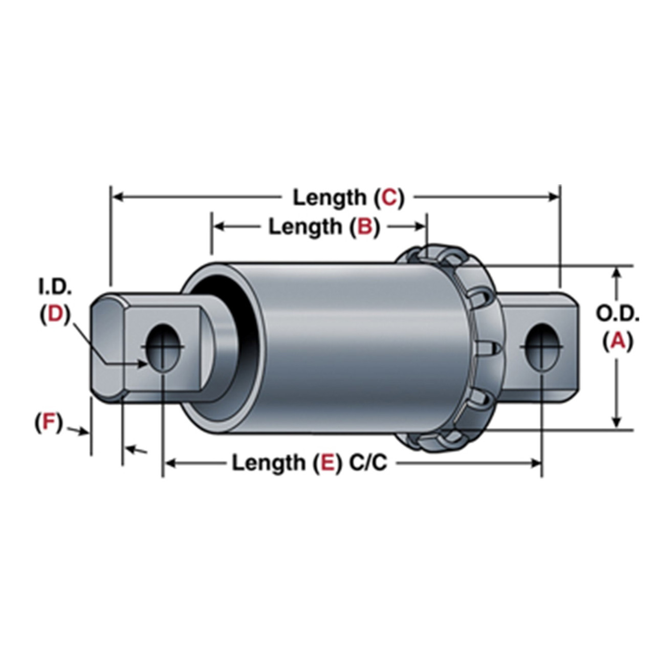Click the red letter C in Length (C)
coord(389,198)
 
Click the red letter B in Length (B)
coord(365,227)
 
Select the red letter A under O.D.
coord(618,341)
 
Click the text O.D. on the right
coord(617,314)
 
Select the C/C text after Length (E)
coord(368,463)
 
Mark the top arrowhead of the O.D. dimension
coord(617,272)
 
